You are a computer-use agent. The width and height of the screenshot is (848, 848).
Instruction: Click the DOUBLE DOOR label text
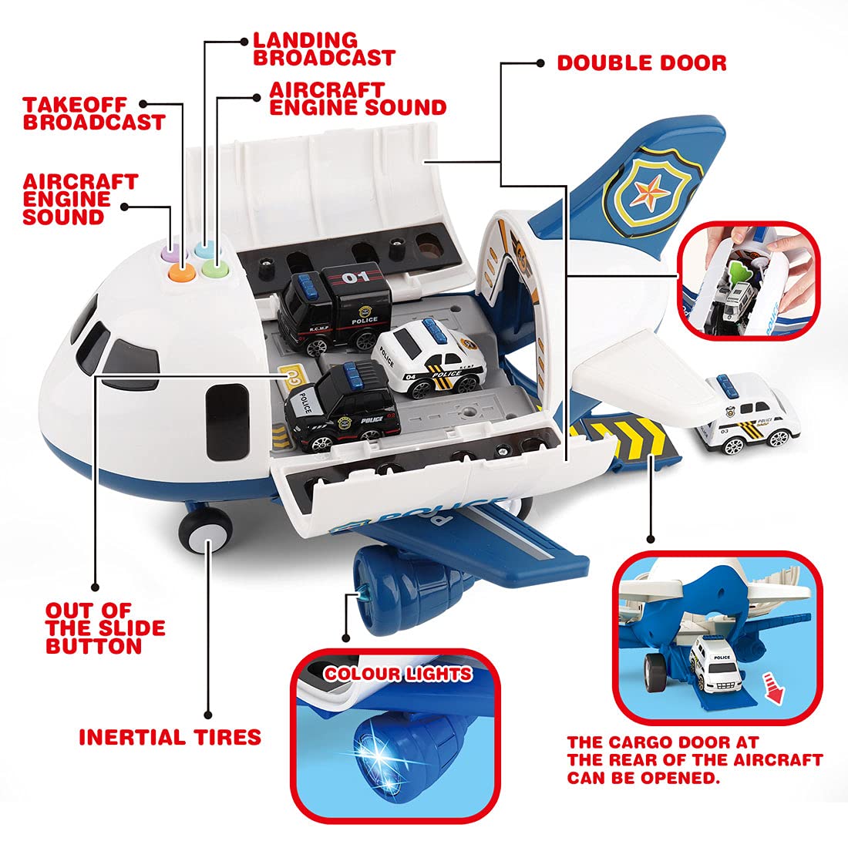(641, 62)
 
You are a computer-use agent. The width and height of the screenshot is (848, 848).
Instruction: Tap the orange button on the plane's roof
(182, 268)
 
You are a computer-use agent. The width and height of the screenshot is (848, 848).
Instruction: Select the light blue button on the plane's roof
(204, 248)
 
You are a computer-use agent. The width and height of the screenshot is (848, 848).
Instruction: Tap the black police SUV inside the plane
(341, 405)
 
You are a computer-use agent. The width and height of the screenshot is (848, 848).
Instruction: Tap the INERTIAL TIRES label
(170, 737)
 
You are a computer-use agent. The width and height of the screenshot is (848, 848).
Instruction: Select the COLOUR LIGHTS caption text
(398, 674)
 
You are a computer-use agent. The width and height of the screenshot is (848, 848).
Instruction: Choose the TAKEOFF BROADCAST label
(93, 113)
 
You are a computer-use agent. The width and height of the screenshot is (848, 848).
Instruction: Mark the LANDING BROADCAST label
(324, 49)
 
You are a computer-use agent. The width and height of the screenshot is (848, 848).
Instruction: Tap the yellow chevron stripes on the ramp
(617, 442)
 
